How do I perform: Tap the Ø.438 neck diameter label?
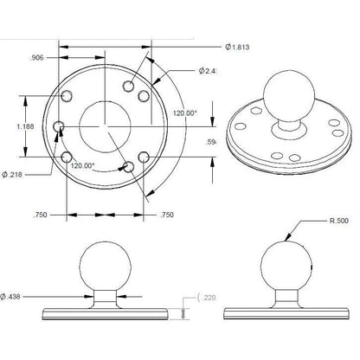pyautogui.click(x=16, y=297)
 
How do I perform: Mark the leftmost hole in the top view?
pyautogui.click(x=59, y=127)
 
